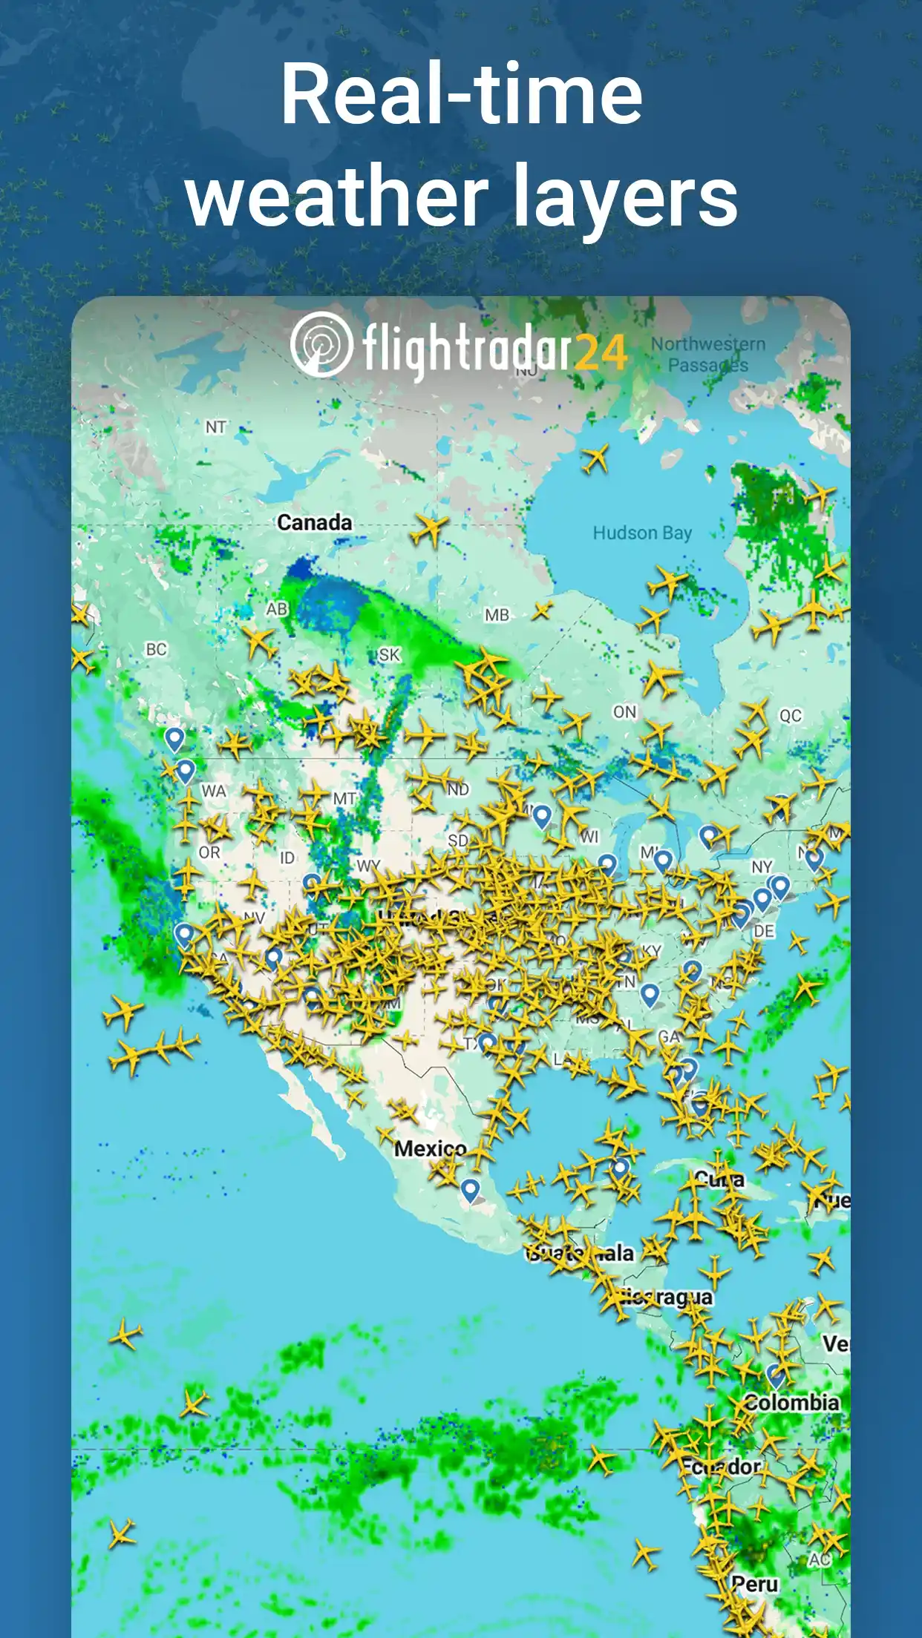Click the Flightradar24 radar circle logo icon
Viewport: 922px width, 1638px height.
(321, 344)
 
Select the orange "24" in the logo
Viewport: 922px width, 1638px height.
(601, 352)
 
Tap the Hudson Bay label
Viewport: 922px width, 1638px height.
(641, 533)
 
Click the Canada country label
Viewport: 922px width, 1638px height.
(314, 522)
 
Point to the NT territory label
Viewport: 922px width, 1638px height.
(215, 427)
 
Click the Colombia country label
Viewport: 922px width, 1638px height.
(791, 1403)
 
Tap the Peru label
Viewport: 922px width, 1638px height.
(755, 1584)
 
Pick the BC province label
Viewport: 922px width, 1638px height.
(156, 650)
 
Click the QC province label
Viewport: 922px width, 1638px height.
(790, 716)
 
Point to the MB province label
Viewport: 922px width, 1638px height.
(497, 615)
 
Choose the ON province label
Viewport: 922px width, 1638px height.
(624, 712)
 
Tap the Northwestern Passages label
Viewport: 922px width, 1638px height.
(707, 355)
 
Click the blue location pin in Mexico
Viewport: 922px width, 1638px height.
(469, 1189)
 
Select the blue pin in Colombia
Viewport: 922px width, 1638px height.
(776, 1375)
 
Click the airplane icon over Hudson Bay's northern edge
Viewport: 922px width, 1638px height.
(595, 459)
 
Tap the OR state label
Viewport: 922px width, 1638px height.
(209, 852)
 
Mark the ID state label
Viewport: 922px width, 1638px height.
(287, 858)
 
